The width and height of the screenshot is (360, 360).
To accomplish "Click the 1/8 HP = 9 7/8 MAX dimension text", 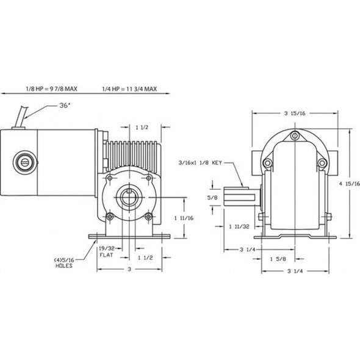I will pyautogui.click(x=52, y=88).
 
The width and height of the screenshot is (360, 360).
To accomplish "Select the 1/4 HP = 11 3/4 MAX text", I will pyautogui.click(x=131, y=88).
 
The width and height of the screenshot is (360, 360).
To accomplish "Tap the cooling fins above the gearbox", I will pyautogui.click(x=132, y=152).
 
